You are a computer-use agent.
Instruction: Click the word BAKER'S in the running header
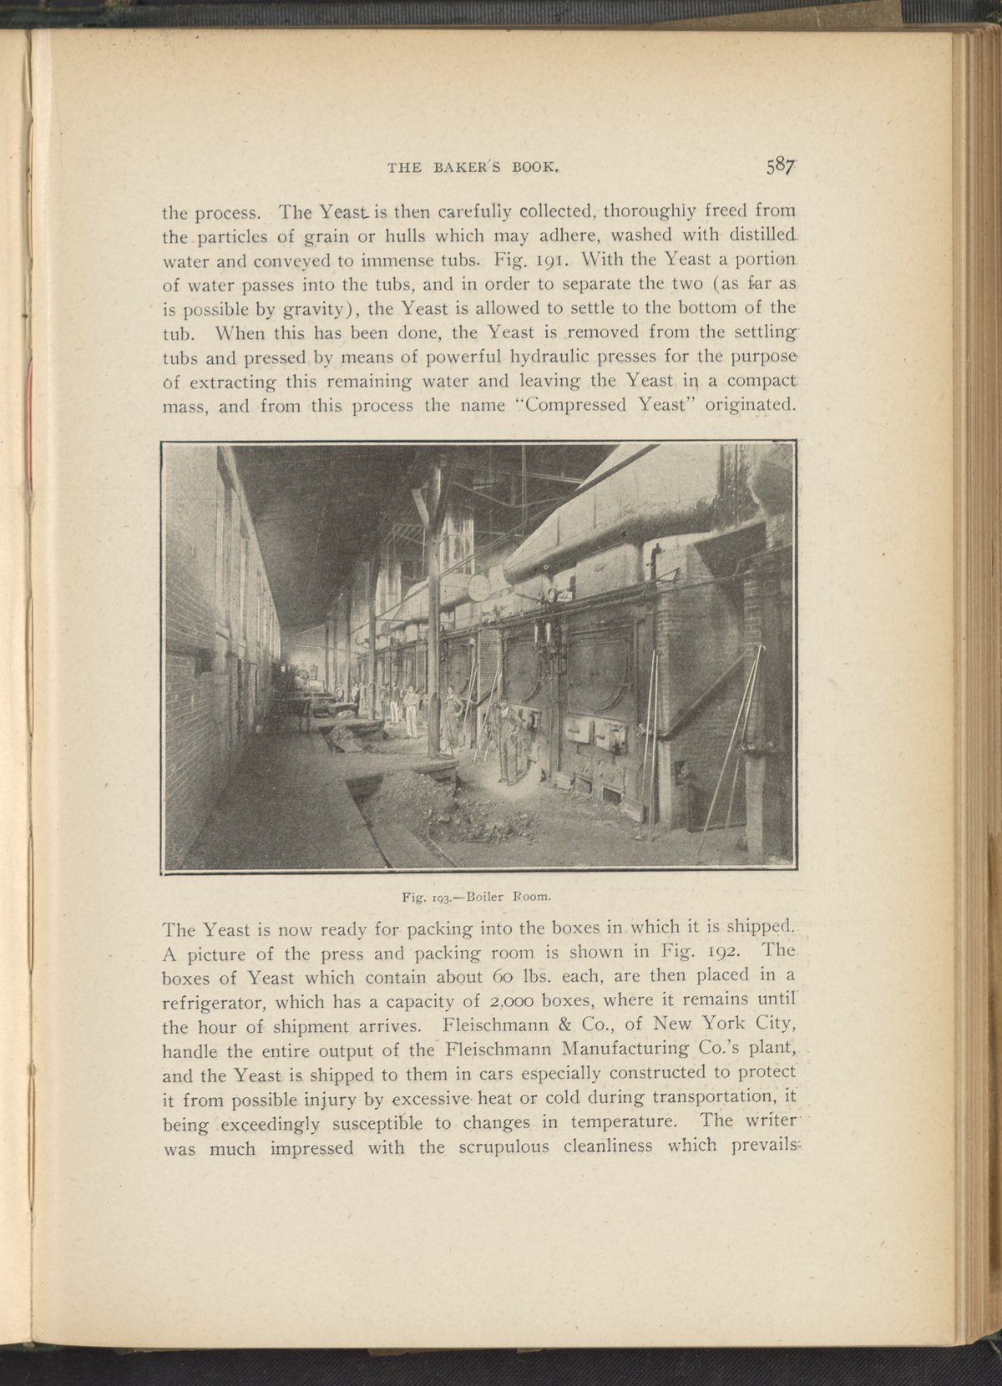click(458, 167)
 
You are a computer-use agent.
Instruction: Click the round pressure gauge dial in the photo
click(479, 587)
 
